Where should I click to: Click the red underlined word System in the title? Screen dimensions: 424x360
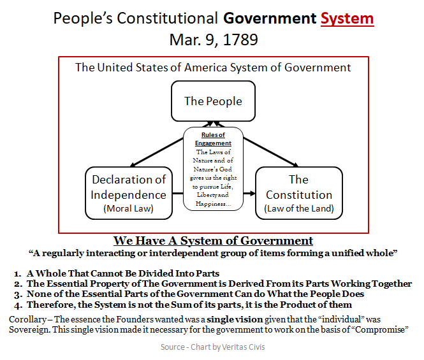[x=347, y=18]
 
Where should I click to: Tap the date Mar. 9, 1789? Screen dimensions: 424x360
[x=213, y=40]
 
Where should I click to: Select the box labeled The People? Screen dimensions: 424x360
[x=213, y=101]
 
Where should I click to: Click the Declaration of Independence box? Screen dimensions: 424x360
[x=128, y=193]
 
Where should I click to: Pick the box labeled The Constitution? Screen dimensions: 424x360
[x=298, y=193]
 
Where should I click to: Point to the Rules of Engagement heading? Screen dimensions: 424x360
[x=213, y=138]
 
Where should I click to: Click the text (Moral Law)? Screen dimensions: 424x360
[x=128, y=208]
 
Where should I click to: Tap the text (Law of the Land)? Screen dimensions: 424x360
[x=298, y=208]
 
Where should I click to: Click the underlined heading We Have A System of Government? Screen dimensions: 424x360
[x=213, y=241]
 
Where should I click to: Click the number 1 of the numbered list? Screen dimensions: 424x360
[x=18, y=273]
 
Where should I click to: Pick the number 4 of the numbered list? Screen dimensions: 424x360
[x=18, y=305]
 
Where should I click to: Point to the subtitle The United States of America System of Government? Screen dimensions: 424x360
[x=213, y=67]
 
